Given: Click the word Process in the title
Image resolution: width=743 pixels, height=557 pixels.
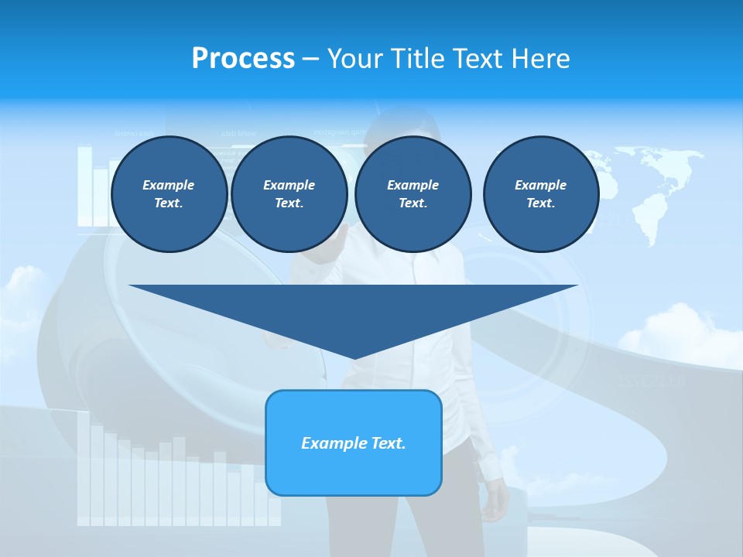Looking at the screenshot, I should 243,59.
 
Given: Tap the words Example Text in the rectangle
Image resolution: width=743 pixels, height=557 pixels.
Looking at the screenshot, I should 354,443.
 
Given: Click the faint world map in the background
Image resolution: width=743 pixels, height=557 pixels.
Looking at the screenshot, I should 650,186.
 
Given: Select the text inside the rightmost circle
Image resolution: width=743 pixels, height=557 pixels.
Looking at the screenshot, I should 540,194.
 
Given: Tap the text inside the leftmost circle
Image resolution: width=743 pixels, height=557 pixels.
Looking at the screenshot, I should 169,194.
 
